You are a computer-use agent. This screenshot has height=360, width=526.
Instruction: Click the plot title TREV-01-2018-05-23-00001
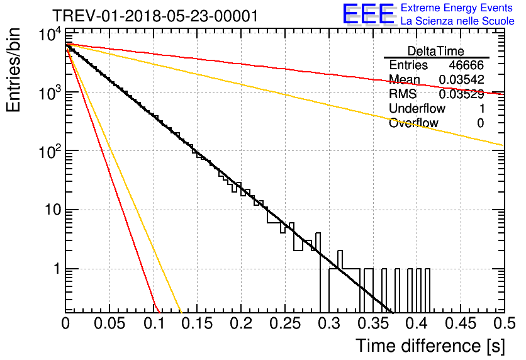click(x=155, y=16)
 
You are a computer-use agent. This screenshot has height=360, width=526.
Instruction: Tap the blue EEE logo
click(x=369, y=14)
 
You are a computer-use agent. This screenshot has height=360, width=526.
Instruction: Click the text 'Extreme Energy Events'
click(x=457, y=8)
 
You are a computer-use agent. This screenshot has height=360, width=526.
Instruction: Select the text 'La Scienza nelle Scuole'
click(x=457, y=21)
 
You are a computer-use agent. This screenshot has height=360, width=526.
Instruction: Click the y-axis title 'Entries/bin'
click(x=13, y=70)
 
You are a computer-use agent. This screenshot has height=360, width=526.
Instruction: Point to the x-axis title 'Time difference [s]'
click(x=430, y=346)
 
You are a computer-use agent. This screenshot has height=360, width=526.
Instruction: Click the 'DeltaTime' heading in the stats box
click(x=436, y=51)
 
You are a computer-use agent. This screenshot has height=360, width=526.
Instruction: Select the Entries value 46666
click(x=466, y=65)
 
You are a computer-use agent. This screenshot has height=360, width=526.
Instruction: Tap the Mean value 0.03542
click(x=462, y=79)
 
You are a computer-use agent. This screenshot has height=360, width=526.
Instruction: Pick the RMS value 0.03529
click(x=462, y=94)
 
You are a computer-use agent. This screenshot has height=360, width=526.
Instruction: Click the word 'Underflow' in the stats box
click(x=417, y=108)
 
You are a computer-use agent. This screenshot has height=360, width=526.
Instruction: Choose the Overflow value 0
click(x=481, y=123)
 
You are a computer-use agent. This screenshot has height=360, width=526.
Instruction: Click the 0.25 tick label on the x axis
click(x=285, y=323)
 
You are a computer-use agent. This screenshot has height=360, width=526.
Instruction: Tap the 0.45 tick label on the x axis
click(x=461, y=323)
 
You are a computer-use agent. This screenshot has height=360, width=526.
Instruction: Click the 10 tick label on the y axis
click(x=53, y=210)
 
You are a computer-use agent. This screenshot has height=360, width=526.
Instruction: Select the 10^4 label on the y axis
click(x=50, y=34)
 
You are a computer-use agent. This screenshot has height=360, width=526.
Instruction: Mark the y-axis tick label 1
click(x=57, y=269)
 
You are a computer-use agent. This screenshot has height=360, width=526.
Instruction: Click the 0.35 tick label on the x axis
click(x=372, y=323)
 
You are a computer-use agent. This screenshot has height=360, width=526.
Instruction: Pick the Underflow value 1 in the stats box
click(x=482, y=108)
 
